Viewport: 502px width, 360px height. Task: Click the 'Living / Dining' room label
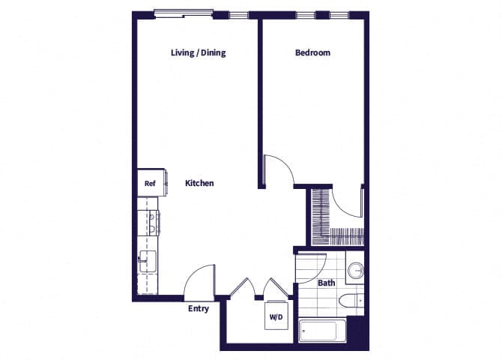(198, 53)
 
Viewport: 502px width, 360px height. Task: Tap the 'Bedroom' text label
(312, 53)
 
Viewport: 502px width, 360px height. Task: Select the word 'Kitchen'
(200, 183)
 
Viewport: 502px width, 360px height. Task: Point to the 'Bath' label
(326, 283)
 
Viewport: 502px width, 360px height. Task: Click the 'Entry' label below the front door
(198, 308)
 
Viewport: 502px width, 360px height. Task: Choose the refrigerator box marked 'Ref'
(149, 183)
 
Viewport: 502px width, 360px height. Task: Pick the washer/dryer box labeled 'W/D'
(276, 317)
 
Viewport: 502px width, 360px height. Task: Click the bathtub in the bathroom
(322, 330)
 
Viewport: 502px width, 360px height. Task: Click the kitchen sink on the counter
(147, 262)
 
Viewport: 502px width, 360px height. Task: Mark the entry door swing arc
(198, 280)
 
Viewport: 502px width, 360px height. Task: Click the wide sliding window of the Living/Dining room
(183, 13)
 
